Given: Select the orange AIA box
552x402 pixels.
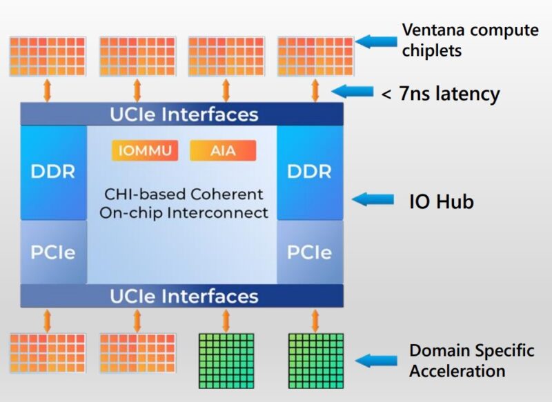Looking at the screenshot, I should coord(222,150).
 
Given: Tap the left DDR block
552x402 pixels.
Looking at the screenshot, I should coord(53,172).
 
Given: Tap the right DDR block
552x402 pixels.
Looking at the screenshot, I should coord(310,172).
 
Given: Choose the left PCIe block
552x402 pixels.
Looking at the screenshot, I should coord(53,252).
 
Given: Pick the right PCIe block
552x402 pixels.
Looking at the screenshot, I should coord(310,252).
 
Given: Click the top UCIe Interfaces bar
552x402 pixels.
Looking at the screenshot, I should coord(182,114).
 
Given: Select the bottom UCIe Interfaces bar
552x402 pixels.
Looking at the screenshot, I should coord(182,297).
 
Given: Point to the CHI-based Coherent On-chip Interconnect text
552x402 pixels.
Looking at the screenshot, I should coord(183,203).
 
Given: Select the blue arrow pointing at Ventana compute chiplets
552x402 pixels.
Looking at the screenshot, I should coord(375,41).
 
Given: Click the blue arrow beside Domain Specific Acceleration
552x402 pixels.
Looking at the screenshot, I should coord(376,360).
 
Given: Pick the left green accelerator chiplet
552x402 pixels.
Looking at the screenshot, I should coord(226,359).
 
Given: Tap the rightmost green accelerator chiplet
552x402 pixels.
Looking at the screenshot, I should coord(315,359).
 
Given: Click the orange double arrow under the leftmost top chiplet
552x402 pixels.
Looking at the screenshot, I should coord(47,90).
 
